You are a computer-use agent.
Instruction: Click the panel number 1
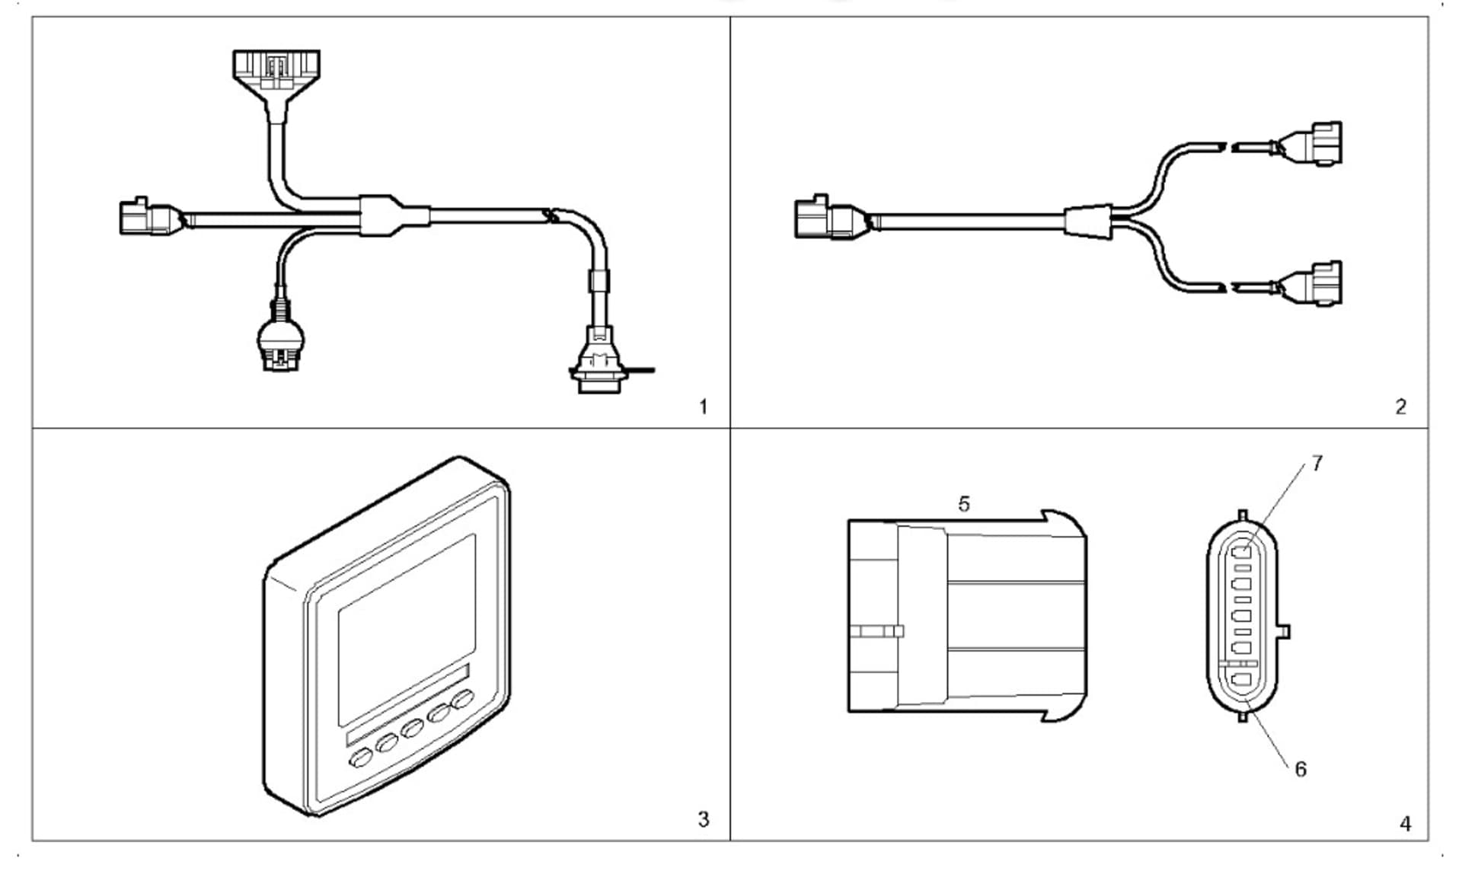pos(703,407)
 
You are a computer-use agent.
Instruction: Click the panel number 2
pos(1400,407)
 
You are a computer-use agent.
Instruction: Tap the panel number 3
pos(703,819)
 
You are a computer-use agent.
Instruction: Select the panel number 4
pos(1405,824)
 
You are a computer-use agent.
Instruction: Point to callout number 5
pos(964,504)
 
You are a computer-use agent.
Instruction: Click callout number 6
pos(1301,769)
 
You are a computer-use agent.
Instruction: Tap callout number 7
pos(1317,463)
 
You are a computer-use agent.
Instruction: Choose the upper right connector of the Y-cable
pos(1315,144)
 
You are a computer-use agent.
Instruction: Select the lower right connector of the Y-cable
pos(1315,284)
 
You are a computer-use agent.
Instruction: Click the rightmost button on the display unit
pos(463,699)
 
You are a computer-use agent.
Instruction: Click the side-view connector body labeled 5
pos(967,617)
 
